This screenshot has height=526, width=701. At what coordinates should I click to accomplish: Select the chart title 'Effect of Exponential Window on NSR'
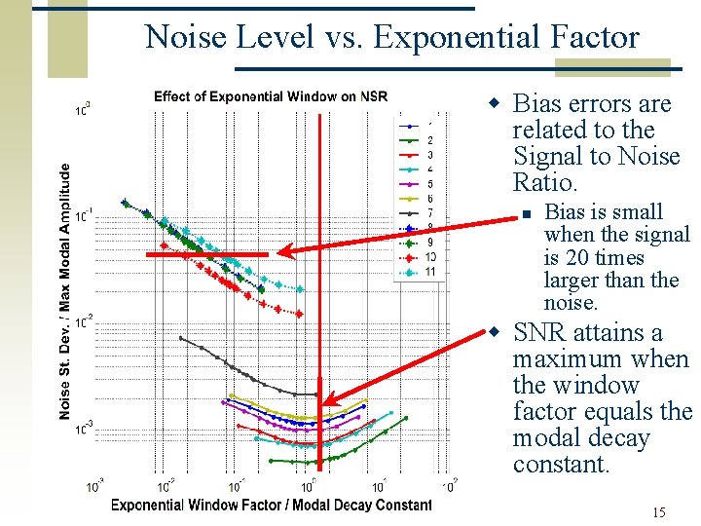pyautogui.click(x=270, y=96)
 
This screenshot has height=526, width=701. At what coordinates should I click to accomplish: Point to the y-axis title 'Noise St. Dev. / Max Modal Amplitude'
pyautogui.click(x=64, y=291)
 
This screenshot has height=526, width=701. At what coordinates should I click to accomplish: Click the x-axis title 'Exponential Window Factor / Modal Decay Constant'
pyautogui.click(x=271, y=505)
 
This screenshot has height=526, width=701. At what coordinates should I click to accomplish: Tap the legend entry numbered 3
pyautogui.click(x=420, y=155)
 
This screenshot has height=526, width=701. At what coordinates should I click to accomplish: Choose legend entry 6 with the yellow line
pyautogui.click(x=420, y=199)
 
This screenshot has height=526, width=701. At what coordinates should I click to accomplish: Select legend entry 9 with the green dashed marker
pyautogui.click(x=420, y=242)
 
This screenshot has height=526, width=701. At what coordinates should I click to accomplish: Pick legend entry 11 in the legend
pyautogui.click(x=420, y=271)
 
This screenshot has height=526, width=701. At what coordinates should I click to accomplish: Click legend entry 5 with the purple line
pyautogui.click(x=420, y=184)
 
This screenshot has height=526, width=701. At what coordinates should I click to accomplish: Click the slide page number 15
pyautogui.click(x=659, y=512)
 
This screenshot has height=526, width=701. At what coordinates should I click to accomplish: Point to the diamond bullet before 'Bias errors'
pyautogui.click(x=495, y=104)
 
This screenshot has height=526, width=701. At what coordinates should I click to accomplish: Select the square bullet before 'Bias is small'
pyautogui.click(x=524, y=214)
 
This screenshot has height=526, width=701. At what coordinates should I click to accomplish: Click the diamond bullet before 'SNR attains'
pyautogui.click(x=495, y=333)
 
